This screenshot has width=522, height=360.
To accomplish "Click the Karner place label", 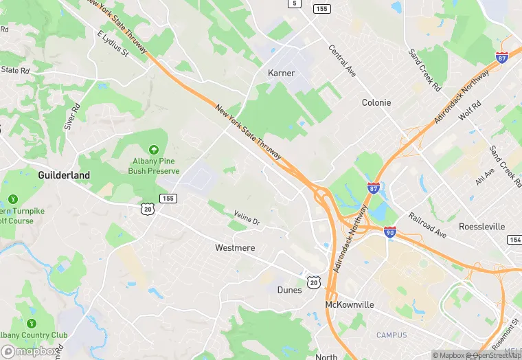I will pyautogui.click(x=280, y=73).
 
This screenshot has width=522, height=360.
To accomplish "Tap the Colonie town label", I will pyautogui.click(x=376, y=102).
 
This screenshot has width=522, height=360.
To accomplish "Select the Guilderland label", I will pyautogui.click(x=64, y=175).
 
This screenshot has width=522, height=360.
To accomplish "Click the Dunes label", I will pyautogui.click(x=289, y=290).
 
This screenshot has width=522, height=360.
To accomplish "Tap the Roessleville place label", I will pyautogui.click(x=481, y=227).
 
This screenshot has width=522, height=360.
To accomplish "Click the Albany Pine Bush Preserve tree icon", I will pyautogui.click(x=153, y=149).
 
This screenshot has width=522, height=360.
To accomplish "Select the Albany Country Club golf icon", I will pyautogui.click(x=31, y=323).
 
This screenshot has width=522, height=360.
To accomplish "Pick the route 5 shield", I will pyautogui.click(x=295, y=3).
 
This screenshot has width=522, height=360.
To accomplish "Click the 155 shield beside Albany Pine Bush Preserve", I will pyautogui.click(x=167, y=198).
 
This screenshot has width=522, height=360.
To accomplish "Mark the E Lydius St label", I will pyautogui.click(x=113, y=42).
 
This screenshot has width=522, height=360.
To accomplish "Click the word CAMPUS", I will pyautogui.click(x=391, y=335).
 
